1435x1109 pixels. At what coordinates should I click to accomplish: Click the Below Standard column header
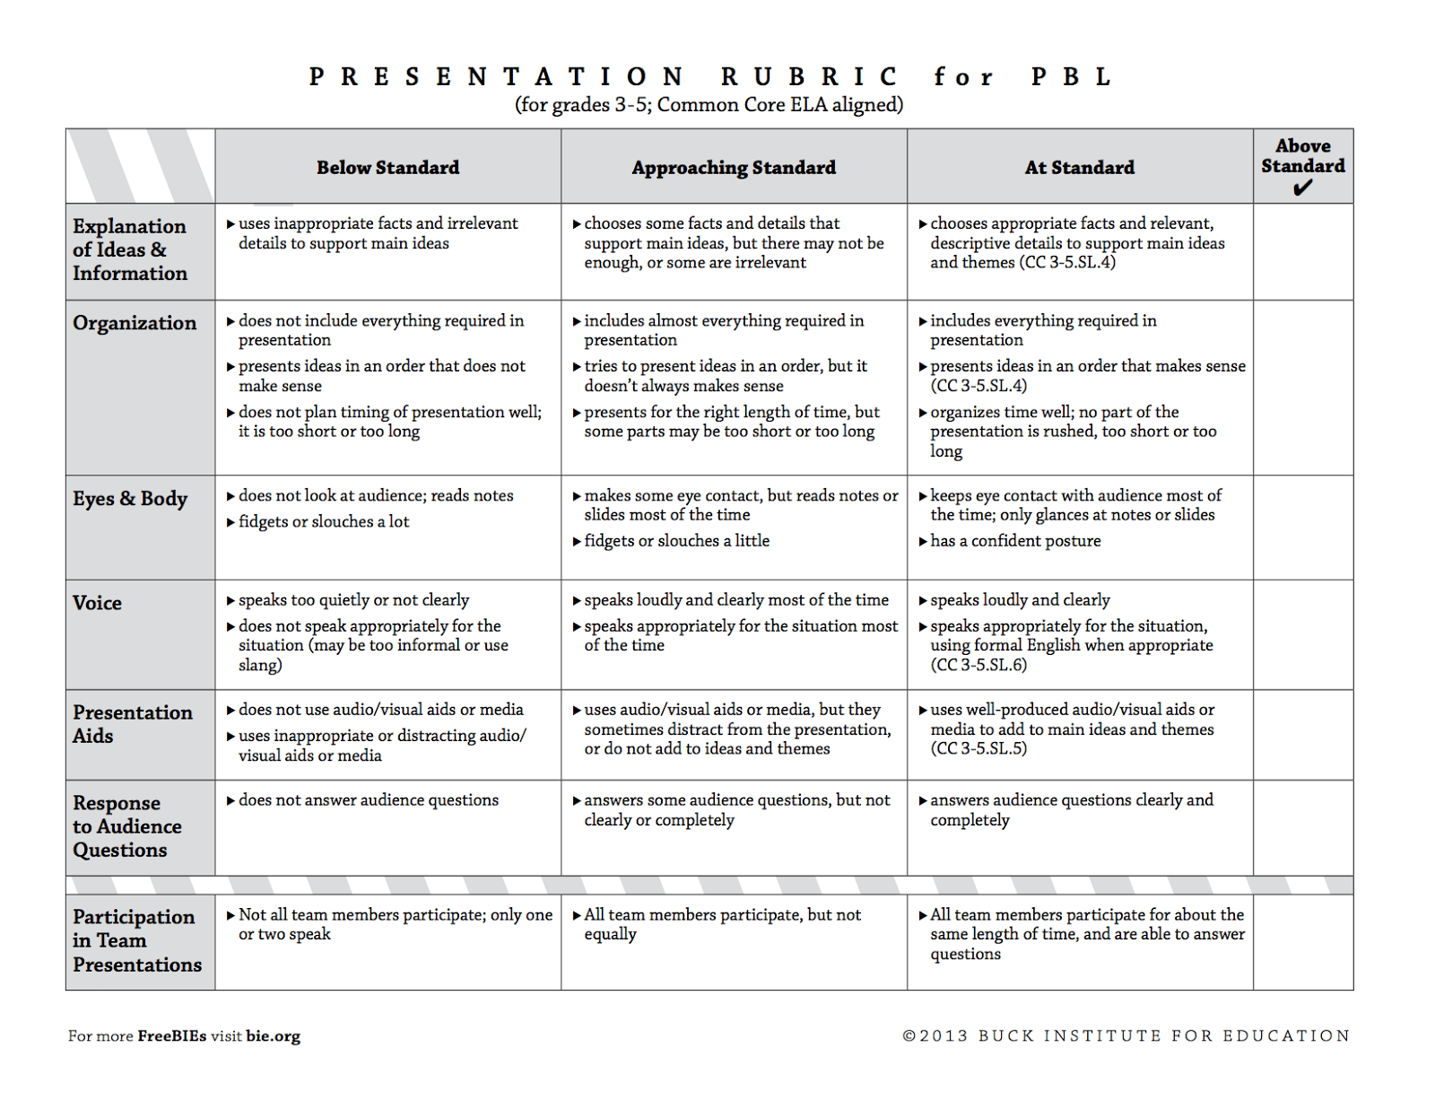pos(387,168)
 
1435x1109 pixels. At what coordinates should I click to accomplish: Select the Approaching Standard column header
pos(734,168)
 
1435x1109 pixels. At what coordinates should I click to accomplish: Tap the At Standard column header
pos(1080,168)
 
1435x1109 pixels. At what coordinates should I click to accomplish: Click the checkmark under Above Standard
pos(1302,188)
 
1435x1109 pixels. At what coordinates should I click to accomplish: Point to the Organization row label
pos(135,323)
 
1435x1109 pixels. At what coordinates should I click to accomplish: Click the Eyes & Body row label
pos(130,499)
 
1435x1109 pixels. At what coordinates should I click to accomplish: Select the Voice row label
pos(97,603)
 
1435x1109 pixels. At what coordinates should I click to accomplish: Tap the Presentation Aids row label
pos(132,724)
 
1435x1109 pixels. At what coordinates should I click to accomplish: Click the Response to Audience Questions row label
pos(126,826)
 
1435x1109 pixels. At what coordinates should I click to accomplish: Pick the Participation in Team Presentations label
pos(136,940)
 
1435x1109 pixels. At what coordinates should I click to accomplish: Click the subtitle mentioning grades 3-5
pos(709,105)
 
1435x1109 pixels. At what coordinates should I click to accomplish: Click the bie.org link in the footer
pos(274,1036)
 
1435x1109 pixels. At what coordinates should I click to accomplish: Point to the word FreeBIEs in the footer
pos(171,1036)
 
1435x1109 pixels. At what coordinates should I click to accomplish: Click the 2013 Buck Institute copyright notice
pos(1126,1036)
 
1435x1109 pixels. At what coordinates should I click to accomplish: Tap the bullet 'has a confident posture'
pos(1015,541)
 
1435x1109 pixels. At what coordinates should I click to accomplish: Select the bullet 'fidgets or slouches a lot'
pos(323,522)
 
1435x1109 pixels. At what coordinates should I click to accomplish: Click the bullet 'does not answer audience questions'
pos(368,800)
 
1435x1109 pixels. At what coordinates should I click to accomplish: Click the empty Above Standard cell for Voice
pos(1302,634)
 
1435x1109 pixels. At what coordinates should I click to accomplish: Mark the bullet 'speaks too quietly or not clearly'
pos(353,600)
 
